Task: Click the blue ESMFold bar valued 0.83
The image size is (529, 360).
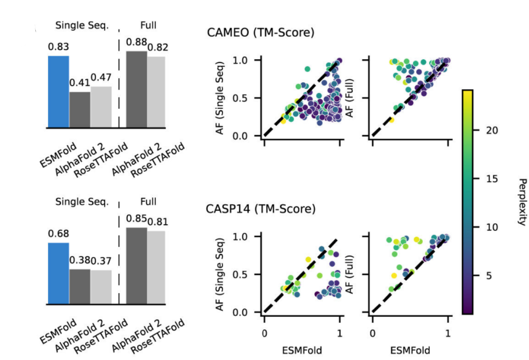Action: coord(58,92)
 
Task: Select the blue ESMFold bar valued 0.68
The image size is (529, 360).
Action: coord(58,273)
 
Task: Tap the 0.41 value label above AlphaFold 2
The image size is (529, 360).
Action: coord(79,83)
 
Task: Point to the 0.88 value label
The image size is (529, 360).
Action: coord(136,42)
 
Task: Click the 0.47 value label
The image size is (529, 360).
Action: coord(101,78)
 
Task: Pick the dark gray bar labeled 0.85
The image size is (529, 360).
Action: coord(137,266)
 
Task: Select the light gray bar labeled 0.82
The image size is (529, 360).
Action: coord(156,92)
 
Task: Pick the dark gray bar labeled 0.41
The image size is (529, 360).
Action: coord(80,110)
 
